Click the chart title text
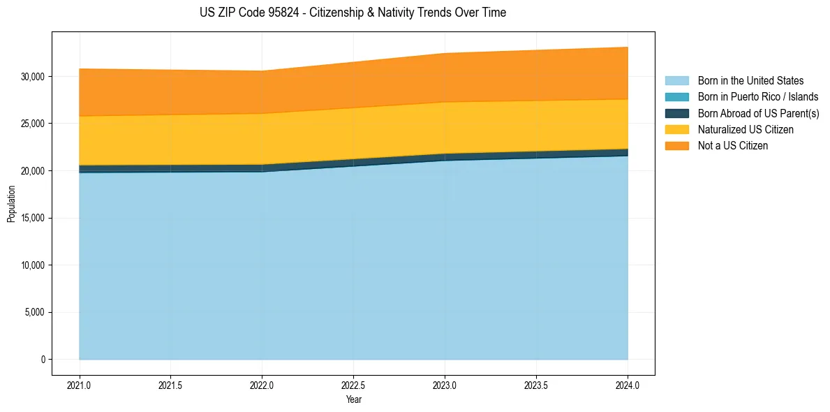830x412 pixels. point(353,13)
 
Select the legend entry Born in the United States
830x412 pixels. point(750,81)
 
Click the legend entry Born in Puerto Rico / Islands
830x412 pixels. point(758,97)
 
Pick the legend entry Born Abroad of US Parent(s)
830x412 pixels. point(758,113)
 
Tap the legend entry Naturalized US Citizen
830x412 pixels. point(746,130)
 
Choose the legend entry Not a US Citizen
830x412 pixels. point(732,146)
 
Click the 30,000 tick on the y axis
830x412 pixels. point(32,76)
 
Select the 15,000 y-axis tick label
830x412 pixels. point(32,218)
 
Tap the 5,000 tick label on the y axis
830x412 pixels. point(34,312)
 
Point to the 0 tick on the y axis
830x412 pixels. point(43,360)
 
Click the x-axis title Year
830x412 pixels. point(354,399)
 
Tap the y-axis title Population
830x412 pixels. point(11,204)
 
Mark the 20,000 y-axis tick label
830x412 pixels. point(32,170)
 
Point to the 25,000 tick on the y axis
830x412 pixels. point(32,124)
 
